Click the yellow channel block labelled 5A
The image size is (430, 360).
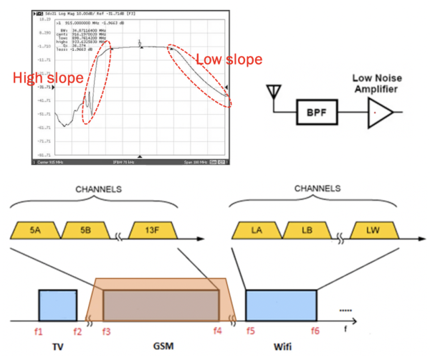[35, 229]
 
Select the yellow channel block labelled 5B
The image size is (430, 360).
[85, 229]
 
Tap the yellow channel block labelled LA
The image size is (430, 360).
[257, 229]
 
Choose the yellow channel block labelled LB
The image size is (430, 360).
[307, 229]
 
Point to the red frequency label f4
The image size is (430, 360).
[218, 331]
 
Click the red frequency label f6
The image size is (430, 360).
[315, 331]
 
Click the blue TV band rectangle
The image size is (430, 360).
[57, 305]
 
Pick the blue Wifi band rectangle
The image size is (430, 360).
[281, 305]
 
